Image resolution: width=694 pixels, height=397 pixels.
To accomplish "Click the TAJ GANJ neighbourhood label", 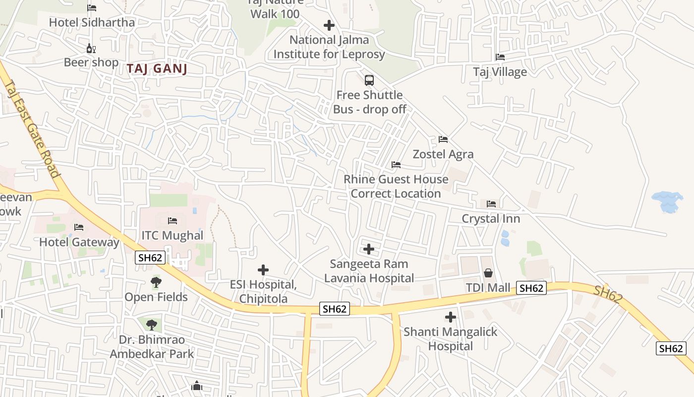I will point(157,68).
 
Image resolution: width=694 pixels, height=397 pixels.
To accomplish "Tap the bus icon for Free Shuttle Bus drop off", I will point(369,80).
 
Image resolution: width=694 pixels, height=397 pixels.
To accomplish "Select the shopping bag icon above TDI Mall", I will point(488,273).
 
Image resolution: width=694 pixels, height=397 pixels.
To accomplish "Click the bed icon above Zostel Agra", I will point(443,139).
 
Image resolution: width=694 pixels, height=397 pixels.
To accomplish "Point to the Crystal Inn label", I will point(491,219).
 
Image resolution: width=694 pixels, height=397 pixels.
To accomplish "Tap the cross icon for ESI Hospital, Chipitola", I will point(263,270).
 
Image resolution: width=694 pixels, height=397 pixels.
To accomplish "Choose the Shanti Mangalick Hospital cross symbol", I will point(450,317).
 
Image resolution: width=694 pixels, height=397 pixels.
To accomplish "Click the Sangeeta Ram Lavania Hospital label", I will point(369,271).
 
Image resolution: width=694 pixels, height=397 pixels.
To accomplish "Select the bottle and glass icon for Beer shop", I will point(91,48).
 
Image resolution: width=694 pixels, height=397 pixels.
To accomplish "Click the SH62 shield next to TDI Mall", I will point(531,288).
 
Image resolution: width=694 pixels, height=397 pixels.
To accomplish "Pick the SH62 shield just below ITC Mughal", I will point(150,257).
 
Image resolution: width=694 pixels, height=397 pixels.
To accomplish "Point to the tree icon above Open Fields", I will point(156,282).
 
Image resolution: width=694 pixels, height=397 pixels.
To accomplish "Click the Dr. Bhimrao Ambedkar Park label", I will point(152,347).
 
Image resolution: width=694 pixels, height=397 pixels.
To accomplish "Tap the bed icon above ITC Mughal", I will point(173,220).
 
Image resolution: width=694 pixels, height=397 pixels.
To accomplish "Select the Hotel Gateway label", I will point(79,242).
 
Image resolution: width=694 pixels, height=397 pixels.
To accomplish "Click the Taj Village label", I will point(500,72).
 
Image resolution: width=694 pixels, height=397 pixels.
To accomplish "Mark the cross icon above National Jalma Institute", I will point(329,25).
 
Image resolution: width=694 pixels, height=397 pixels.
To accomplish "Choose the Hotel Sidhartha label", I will point(92,22).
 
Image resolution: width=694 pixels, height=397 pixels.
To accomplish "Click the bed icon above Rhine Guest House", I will point(396,165).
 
